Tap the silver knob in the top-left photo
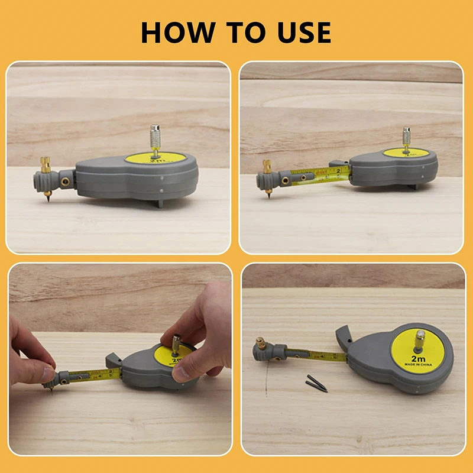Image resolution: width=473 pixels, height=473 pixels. coord(156,134)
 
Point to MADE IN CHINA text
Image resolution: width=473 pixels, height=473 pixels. coord(418,365)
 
